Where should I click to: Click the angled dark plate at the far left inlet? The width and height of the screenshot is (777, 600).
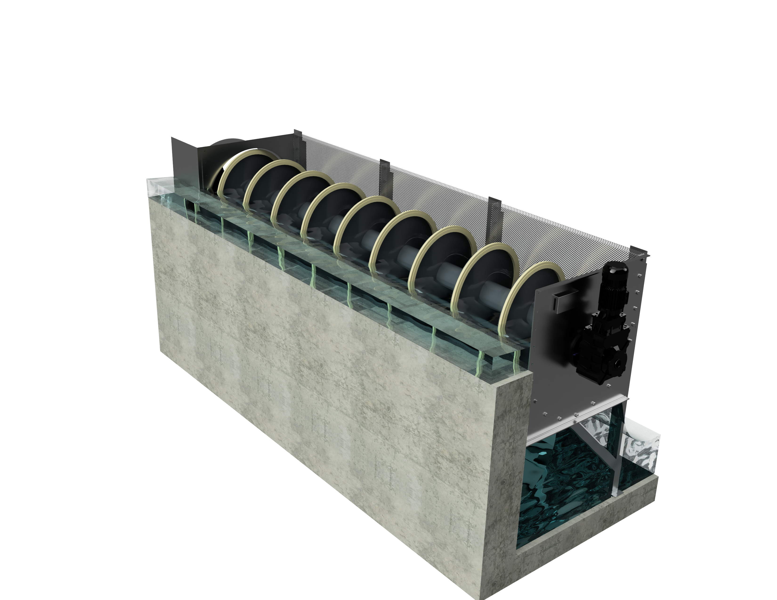(184, 156)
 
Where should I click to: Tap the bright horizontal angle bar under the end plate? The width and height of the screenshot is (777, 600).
(576, 420)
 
